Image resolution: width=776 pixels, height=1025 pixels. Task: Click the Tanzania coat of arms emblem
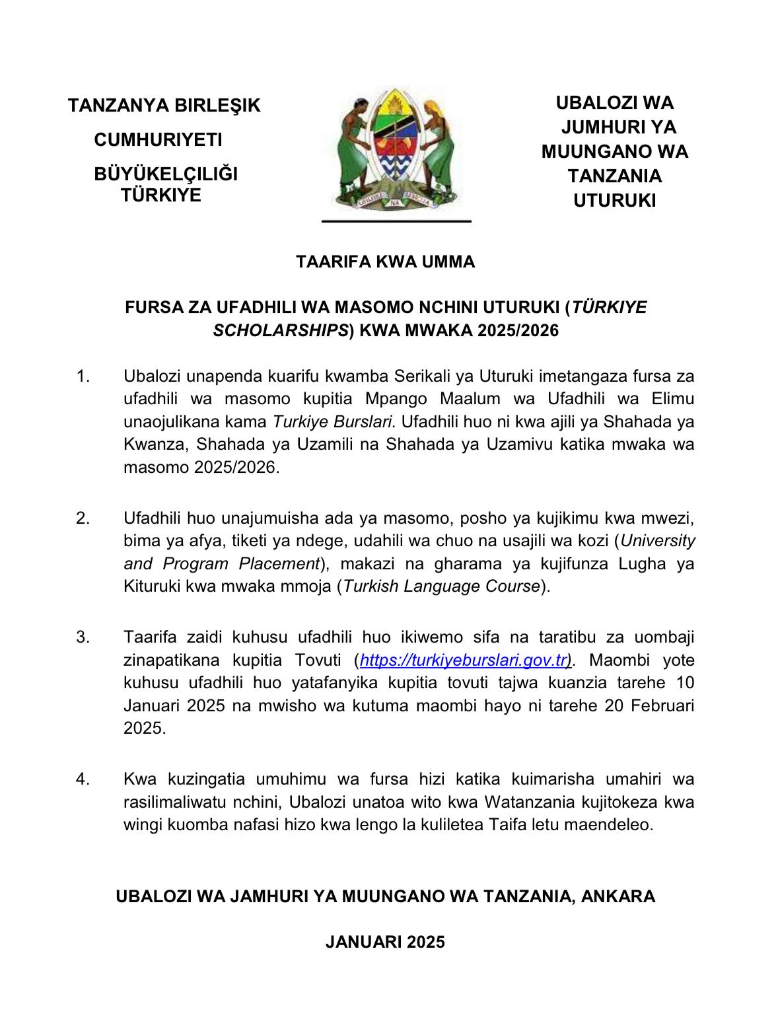(x=395, y=151)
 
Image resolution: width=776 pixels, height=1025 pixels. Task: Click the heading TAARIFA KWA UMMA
(x=386, y=262)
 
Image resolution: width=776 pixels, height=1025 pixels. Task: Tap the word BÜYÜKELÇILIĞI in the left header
(x=166, y=174)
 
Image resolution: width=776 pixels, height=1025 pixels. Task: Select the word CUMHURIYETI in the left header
(x=158, y=140)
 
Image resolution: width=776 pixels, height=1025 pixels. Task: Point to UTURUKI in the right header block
(x=614, y=201)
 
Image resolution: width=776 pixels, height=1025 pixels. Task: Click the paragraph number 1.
(x=83, y=377)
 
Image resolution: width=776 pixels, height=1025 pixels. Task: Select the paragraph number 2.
(x=83, y=518)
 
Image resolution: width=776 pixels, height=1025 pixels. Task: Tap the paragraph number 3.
(x=83, y=637)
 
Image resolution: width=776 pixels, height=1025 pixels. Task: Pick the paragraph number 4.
(x=83, y=779)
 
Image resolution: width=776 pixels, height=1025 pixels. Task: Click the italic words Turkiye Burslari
(x=333, y=422)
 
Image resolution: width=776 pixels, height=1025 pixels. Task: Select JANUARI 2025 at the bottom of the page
(x=386, y=942)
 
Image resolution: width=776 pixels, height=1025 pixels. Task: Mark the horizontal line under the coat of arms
(x=396, y=221)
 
